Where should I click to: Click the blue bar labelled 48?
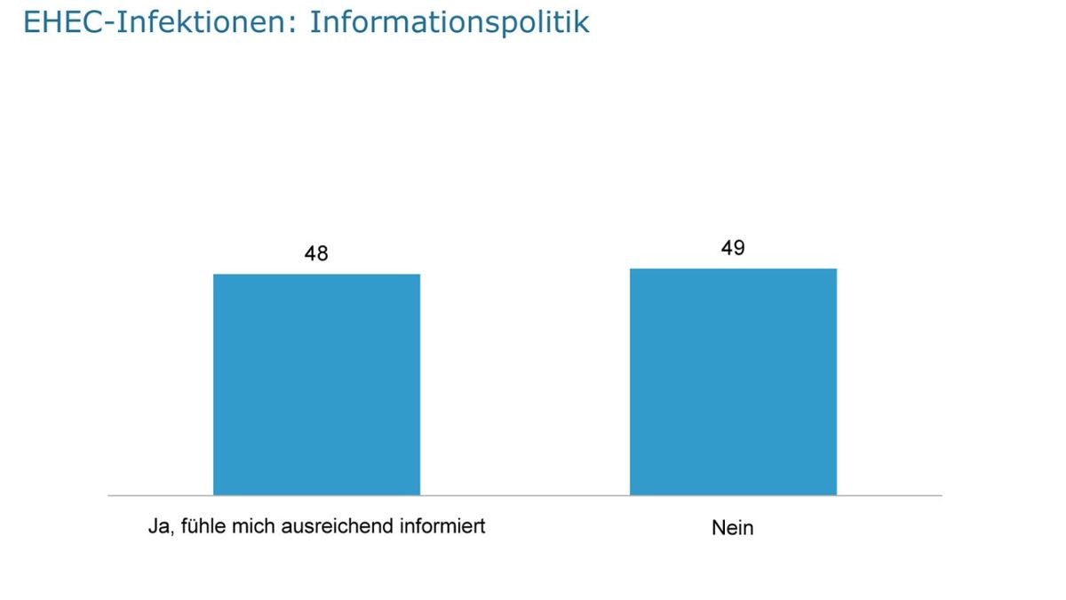pos(316,384)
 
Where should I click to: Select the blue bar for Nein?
pos(733,381)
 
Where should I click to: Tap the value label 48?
pos(316,253)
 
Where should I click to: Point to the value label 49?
pos(733,248)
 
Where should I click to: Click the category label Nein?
pos(733,527)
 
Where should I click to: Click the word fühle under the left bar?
pos(203,526)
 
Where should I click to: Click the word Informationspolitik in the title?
pos(449,22)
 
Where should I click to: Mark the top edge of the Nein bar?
pos(733,268)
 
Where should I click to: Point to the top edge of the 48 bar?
pos(316,274)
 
